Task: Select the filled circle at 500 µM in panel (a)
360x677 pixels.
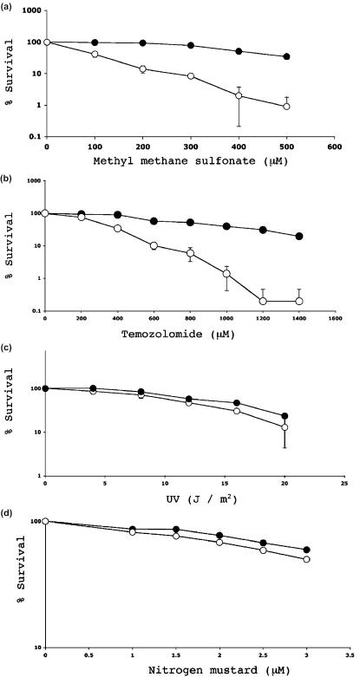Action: [x=286, y=57]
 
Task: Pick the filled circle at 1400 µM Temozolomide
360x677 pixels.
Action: [x=299, y=237]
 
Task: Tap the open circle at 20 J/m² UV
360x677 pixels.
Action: [x=284, y=427]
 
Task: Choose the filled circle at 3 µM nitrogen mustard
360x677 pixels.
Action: [x=306, y=550]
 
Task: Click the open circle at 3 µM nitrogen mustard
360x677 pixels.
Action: [x=306, y=559]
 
